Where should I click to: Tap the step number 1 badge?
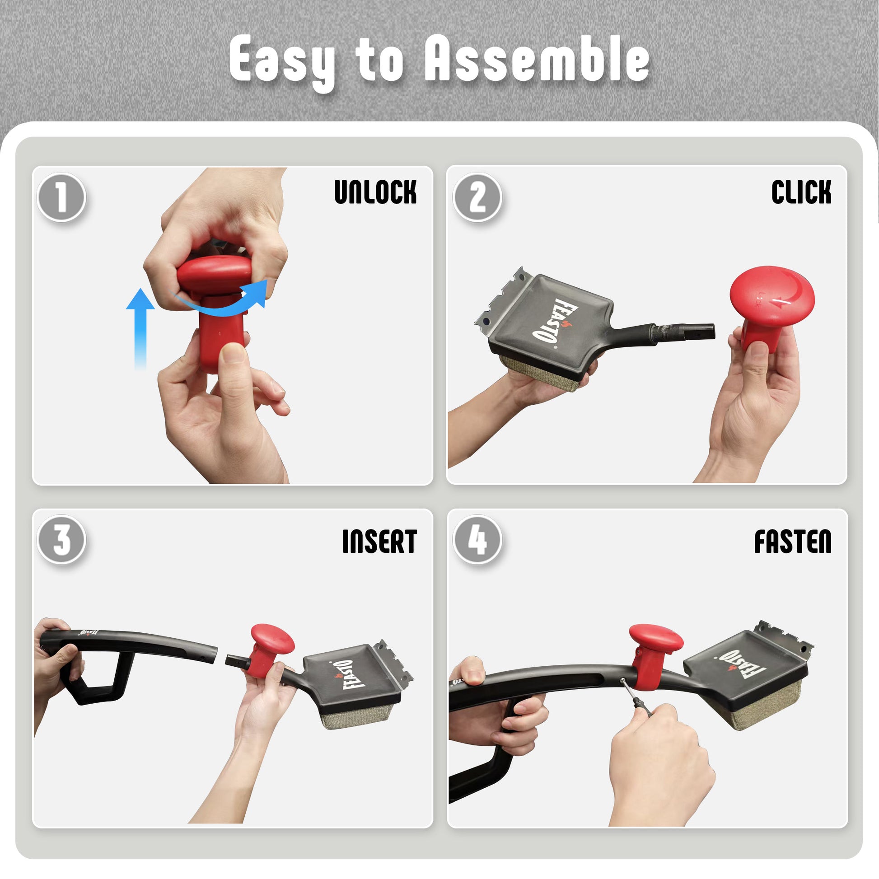click(x=61, y=197)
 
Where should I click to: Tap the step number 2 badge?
click(x=477, y=197)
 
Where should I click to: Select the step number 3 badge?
click(x=61, y=540)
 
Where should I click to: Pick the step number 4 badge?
click(x=477, y=540)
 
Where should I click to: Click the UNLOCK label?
click(x=375, y=192)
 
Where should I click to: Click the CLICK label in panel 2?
click(x=801, y=192)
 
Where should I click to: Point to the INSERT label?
click(x=379, y=542)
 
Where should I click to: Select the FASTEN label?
click(x=793, y=542)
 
